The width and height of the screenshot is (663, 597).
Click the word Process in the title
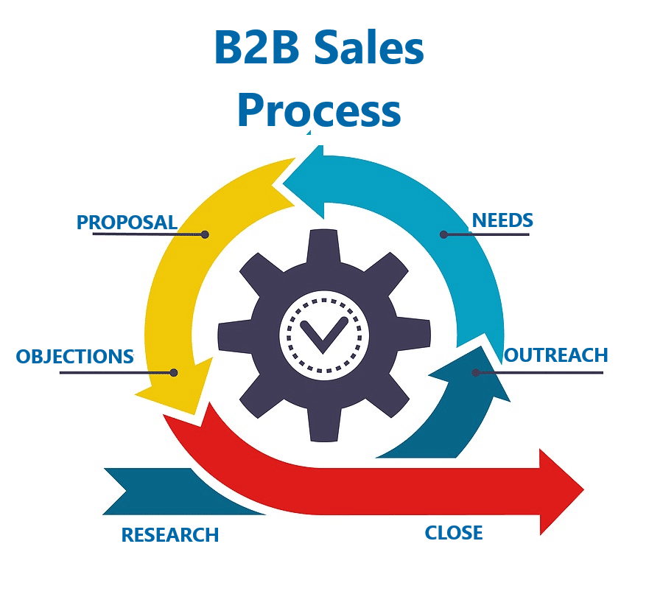[319, 111]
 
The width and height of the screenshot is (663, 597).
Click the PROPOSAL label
[127, 222]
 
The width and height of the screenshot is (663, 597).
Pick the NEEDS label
[502, 220]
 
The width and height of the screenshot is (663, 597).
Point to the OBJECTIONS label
[75, 357]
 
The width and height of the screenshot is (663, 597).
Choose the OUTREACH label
[556, 355]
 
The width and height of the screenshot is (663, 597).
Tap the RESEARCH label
[170, 535]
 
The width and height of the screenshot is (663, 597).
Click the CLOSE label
[454, 533]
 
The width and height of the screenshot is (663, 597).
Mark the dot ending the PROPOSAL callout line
[206, 234]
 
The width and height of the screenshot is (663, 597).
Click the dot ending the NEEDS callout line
[443, 234]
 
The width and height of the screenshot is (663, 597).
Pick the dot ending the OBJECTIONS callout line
[174, 372]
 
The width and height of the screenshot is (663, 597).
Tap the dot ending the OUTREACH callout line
[476, 372]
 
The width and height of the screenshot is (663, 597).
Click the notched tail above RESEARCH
[133, 490]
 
